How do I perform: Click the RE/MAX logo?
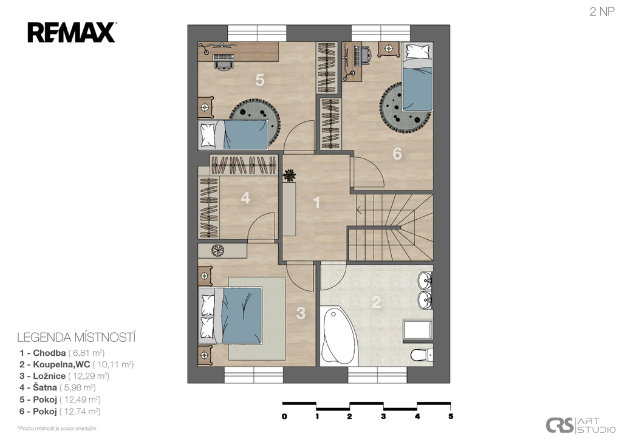pyautogui.click(x=72, y=33)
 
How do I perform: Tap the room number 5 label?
pyautogui.click(x=259, y=80)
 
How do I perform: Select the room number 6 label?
pyautogui.click(x=397, y=154)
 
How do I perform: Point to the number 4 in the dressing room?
pyautogui.click(x=245, y=198)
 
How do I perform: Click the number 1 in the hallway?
pyautogui.click(x=316, y=203)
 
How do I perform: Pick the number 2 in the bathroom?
pyautogui.click(x=376, y=302)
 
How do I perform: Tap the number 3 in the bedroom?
pyautogui.click(x=301, y=313)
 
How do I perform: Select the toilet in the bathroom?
pyautogui.click(x=422, y=355)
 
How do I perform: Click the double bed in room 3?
pyautogui.click(x=230, y=315)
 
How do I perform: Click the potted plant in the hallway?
pyautogui.click(x=290, y=175)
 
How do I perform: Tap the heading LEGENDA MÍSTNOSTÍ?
pyautogui.click(x=76, y=338)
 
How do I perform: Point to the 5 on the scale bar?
pyautogui.click(x=451, y=417)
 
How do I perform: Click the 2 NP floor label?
pyautogui.click(x=602, y=12)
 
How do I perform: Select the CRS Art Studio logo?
pyautogui.click(x=580, y=425)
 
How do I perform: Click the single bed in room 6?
pyautogui.click(x=417, y=77)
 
